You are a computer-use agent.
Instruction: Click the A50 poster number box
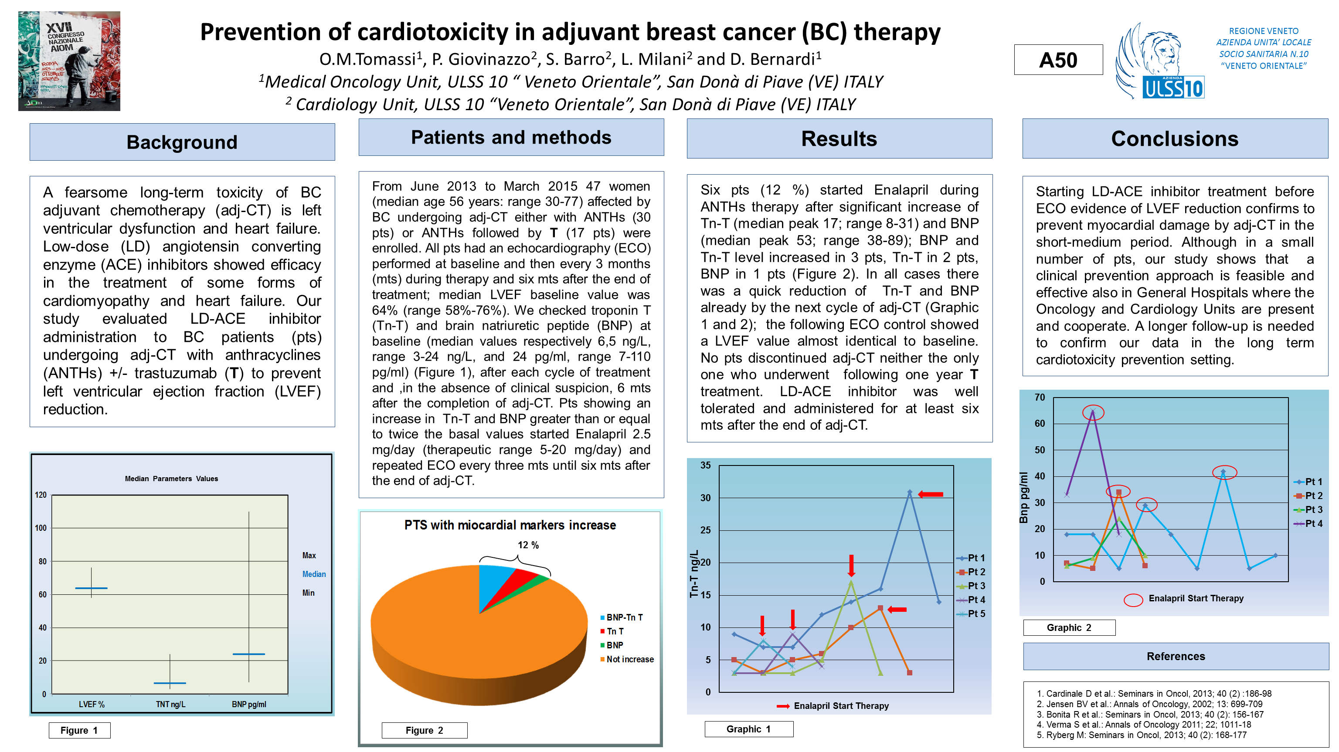coord(1058,60)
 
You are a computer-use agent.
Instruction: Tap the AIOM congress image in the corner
coord(69,61)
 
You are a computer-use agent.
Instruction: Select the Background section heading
coord(182,142)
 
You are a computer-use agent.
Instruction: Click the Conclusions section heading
coord(1175,138)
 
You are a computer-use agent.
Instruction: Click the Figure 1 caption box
coord(79,730)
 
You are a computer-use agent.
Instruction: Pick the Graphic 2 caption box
coord(1069,627)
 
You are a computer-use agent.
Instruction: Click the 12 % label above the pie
coord(528,545)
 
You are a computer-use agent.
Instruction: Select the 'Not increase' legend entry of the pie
coord(629,659)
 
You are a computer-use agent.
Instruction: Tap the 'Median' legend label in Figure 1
coord(314,574)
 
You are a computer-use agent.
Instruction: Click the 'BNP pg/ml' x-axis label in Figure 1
coord(249,704)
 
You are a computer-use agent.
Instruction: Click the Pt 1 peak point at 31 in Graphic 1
coord(910,492)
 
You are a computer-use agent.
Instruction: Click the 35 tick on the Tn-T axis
coord(705,465)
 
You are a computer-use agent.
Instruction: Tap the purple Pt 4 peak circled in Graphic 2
coord(1093,412)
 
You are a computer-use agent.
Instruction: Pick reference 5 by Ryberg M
coord(1142,735)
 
